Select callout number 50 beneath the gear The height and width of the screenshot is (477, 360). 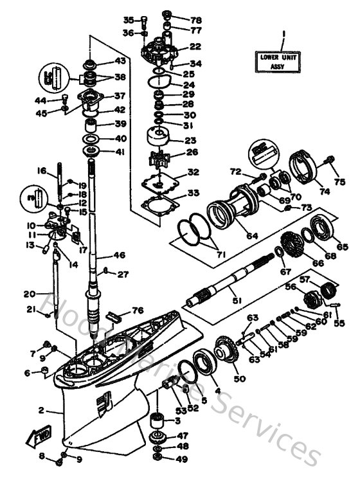click(239, 379)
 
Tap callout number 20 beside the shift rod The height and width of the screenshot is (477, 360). click(28, 294)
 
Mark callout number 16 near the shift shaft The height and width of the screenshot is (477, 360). click(42, 171)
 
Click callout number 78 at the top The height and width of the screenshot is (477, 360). click(195, 19)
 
